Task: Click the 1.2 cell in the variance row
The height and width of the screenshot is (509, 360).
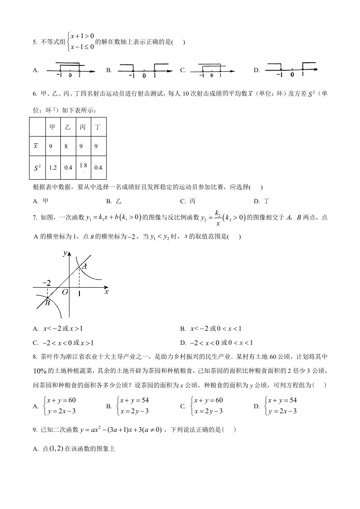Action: pyautogui.click(x=53, y=167)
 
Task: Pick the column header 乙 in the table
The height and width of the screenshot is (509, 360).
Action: pyautogui.click(x=68, y=127)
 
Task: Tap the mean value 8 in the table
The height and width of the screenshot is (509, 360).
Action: pyautogui.click(x=68, y=146)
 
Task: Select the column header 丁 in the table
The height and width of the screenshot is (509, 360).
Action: pyautogui.click(x=98, y=127)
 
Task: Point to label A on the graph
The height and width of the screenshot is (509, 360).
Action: pyautogui.click(x=84, y=267)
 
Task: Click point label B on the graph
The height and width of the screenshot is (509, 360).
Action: pyautogui.click(x=47, y=303)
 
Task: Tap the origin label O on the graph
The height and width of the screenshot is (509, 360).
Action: pyautogui.click(x=65, y=293)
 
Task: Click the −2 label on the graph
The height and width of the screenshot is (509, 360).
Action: pyautogui.click(x=46, y=283)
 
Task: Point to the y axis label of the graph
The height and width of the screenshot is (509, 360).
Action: pyautogui.click(x=65, y=253)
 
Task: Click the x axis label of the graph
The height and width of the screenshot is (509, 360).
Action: pyautogui.click(x=106, y=293)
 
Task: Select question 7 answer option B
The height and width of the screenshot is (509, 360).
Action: pyautogui.click(x=216, y=329)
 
